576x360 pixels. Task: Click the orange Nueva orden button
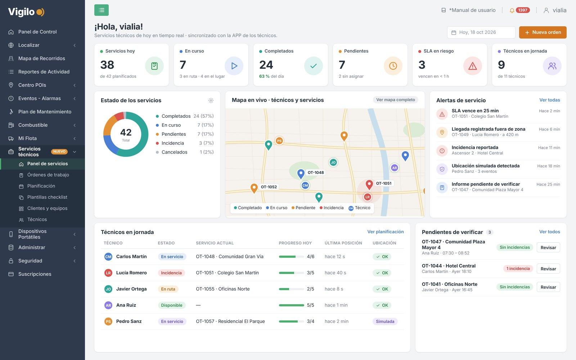(x=543, y=32)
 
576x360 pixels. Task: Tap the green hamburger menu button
(x=102, y=10)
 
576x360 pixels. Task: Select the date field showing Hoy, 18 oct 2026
(x=481, y=32)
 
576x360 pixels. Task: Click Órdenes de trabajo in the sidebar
(x=48, y=175)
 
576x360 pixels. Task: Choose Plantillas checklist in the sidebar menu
(x=47, y=197)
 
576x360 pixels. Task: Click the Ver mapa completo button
(x=396, y=100)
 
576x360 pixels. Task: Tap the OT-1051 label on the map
(x=384, y=183)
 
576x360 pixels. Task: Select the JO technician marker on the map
(x=333, y=162)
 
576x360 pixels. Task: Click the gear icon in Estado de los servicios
(x=211, y=100)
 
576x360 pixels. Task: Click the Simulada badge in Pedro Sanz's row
(x=385, y=321)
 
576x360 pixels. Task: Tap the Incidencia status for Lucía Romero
(x=171, y=273)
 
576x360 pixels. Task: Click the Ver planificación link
(x=386, y=232)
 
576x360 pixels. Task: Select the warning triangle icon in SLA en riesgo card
(x=473, y=66)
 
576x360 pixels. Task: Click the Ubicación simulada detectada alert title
(x=486, y=166)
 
